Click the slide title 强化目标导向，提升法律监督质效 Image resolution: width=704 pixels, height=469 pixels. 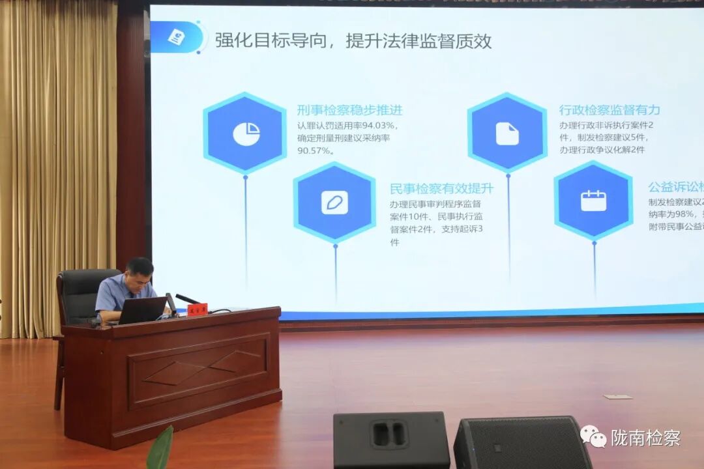[x=354, y=41]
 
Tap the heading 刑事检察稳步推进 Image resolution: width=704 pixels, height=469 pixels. [x=349, y=110]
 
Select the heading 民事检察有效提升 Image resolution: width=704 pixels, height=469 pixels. [x=441, y=189]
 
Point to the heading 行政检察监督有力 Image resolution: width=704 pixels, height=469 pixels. [x=609, y=110]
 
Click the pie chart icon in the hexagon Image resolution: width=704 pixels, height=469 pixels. [x=246, y=134]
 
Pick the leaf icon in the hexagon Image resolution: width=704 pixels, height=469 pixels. [x=334, y=203]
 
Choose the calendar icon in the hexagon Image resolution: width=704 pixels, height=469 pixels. [x=593, y=201]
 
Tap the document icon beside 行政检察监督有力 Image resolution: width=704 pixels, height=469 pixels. [x=507, y=134]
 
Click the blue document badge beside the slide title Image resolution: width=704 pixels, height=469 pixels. [x=176, y=37]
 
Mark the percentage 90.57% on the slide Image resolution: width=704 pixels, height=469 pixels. [x=315, y=150]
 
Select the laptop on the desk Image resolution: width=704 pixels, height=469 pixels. [x=141, y=311]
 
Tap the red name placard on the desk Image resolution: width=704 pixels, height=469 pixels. [x=197, y=309]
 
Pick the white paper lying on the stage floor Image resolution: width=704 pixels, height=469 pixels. [x=617, y=396]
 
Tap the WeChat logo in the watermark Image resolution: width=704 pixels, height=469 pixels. [x=593, y=436]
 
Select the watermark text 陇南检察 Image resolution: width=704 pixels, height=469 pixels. [x=645, y=438]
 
